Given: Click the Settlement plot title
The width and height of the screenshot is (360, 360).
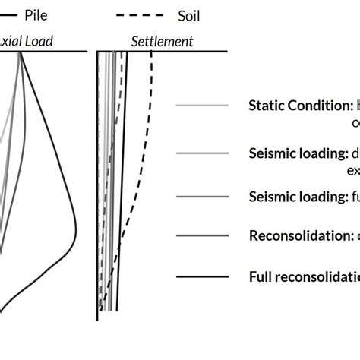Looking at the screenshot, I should click(x=162, y=41).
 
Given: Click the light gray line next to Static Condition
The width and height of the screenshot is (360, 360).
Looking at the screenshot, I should click(x=201, y=106).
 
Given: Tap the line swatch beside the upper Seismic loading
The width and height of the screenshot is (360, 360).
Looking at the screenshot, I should click(x=201, y=153).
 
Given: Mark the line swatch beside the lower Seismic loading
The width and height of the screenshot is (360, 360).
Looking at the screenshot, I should click(x=201, y=197).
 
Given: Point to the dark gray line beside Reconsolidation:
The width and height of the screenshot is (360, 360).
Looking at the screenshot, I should click(x=201, y=236).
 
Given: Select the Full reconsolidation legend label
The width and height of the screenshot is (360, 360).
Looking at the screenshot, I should click(x=304, y=276).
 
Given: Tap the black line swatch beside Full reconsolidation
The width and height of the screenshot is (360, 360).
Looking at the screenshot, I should click(x=201, y=276).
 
